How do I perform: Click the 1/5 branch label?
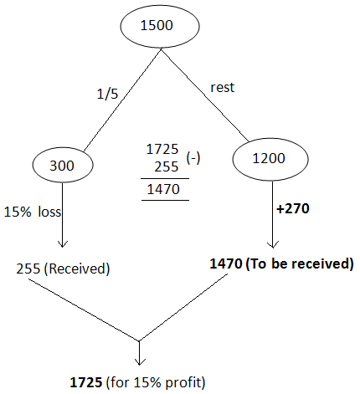click(107, 94)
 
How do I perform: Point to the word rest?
click(223, 88)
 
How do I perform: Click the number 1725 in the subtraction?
click(162, 149)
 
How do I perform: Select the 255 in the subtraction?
click(166, 167)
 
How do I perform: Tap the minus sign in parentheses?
click(193, 158)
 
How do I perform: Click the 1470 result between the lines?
click(163, 189)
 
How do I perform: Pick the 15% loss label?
click(33, 212)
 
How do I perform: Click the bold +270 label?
click(293, 208)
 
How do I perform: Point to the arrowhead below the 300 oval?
click(62, 243)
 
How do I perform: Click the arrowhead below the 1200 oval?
click(273, 244)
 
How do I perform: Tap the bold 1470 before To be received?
click(226, 264)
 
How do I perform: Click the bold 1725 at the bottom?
click(86, 382)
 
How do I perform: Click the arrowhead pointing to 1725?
click(139, 361)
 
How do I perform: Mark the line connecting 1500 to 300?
click(122, 100)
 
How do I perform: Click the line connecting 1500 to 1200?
click(204, 95)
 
